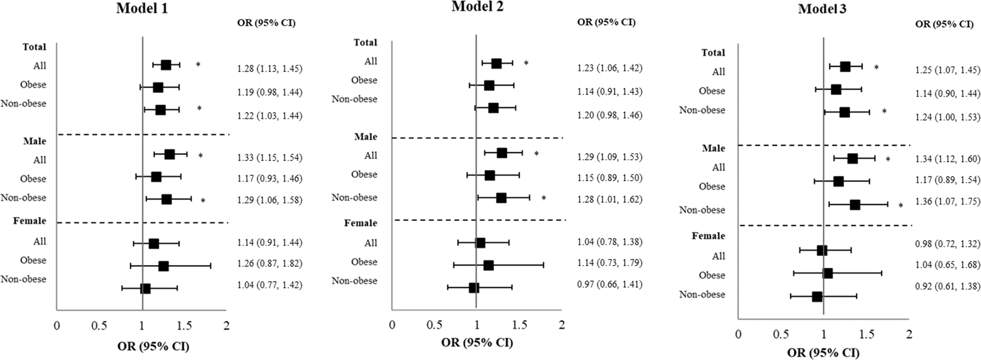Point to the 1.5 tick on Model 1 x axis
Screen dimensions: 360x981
(x=184, y=326)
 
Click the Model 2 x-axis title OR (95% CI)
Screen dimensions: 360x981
(x=477, y=342)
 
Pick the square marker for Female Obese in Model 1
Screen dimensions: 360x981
(x=163, y=266)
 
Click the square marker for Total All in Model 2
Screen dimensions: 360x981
(x=496, y=63)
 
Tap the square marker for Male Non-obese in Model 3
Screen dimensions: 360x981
(x=855, y=205)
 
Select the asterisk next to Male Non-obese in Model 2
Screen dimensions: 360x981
(x=544, y=198)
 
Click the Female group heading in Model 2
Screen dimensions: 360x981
(x=361, y=223)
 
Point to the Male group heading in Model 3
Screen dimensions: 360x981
(x=713, y=148)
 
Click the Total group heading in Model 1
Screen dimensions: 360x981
(x=34, y=47)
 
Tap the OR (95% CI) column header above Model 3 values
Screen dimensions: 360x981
(x=944, y=24)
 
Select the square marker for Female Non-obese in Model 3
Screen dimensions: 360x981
(x=817, y=297)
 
